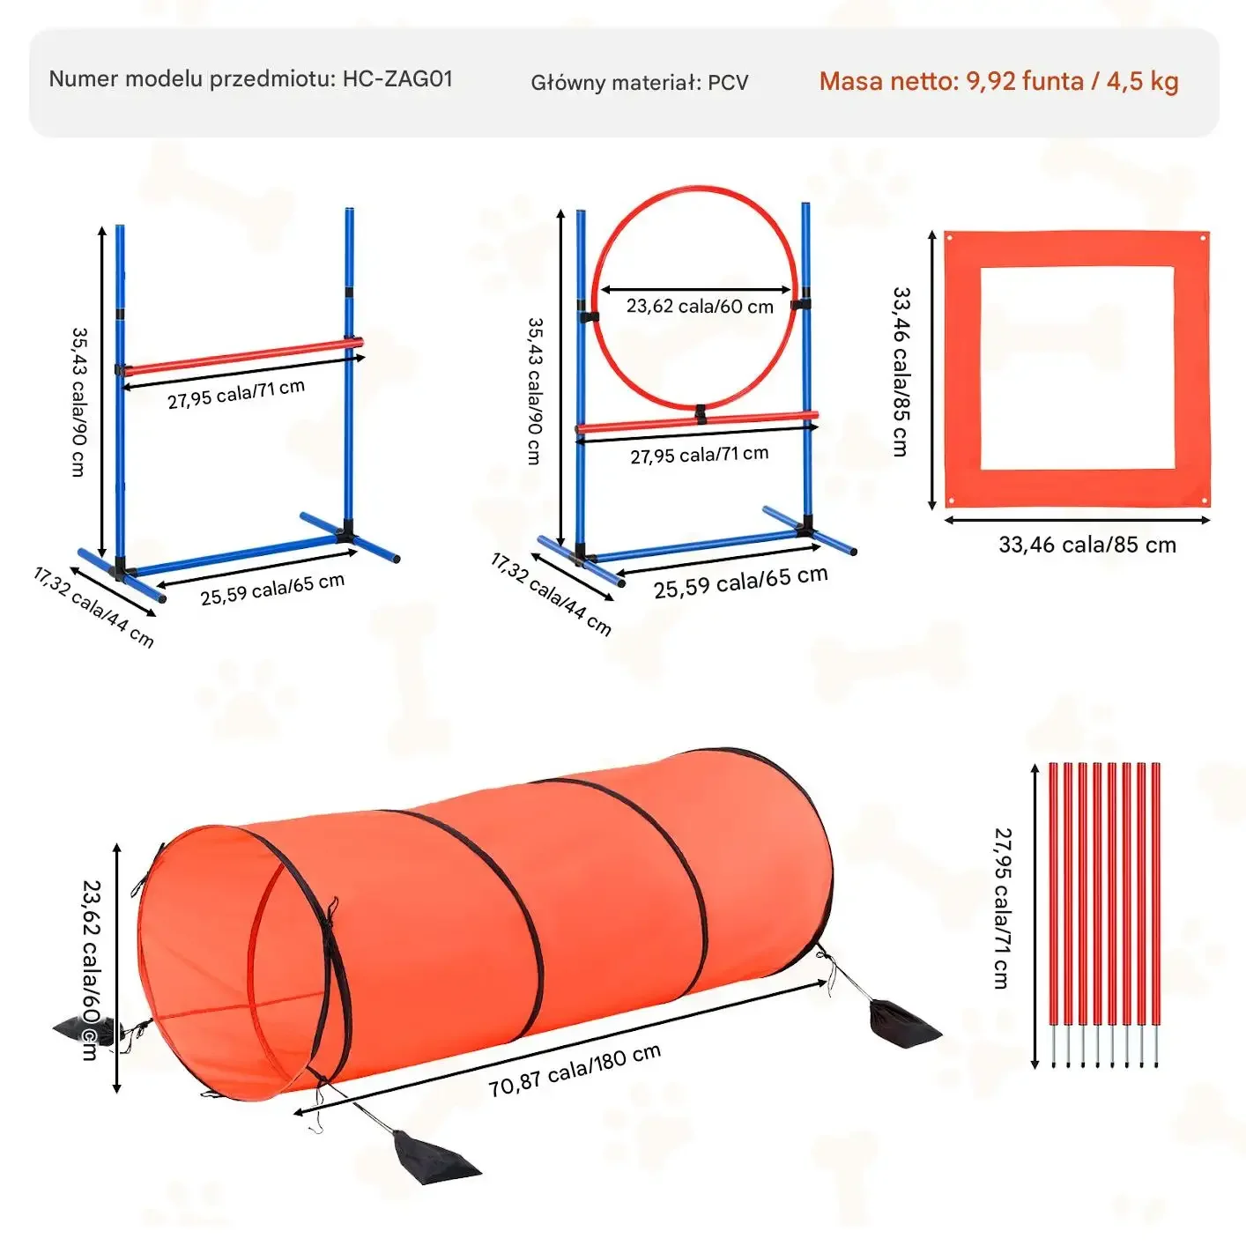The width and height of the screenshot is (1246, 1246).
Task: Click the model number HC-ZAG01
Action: click(x=397, y=79)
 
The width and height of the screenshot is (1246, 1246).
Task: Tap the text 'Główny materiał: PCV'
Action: click(x=640, y=83)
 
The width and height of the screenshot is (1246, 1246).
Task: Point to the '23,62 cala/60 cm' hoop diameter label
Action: click(x=700, y=306)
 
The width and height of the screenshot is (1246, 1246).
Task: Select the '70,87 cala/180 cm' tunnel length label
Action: click(x=575, y=1070)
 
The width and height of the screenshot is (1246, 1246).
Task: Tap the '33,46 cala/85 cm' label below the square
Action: click(x=1087, y=545)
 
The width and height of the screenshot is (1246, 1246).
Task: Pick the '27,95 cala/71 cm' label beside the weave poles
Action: click(x=1002, y=908)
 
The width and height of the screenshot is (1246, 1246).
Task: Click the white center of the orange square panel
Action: click(x=1077, y=367)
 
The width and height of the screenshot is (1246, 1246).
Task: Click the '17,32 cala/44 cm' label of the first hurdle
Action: click(x=93, y=607)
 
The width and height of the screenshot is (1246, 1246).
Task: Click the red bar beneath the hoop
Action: click(x=697, y=421)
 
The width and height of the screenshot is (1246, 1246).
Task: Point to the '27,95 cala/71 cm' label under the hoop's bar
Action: click(x=700, y=455)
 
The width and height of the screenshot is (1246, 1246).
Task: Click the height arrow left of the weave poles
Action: click(x=1035, y=915)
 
